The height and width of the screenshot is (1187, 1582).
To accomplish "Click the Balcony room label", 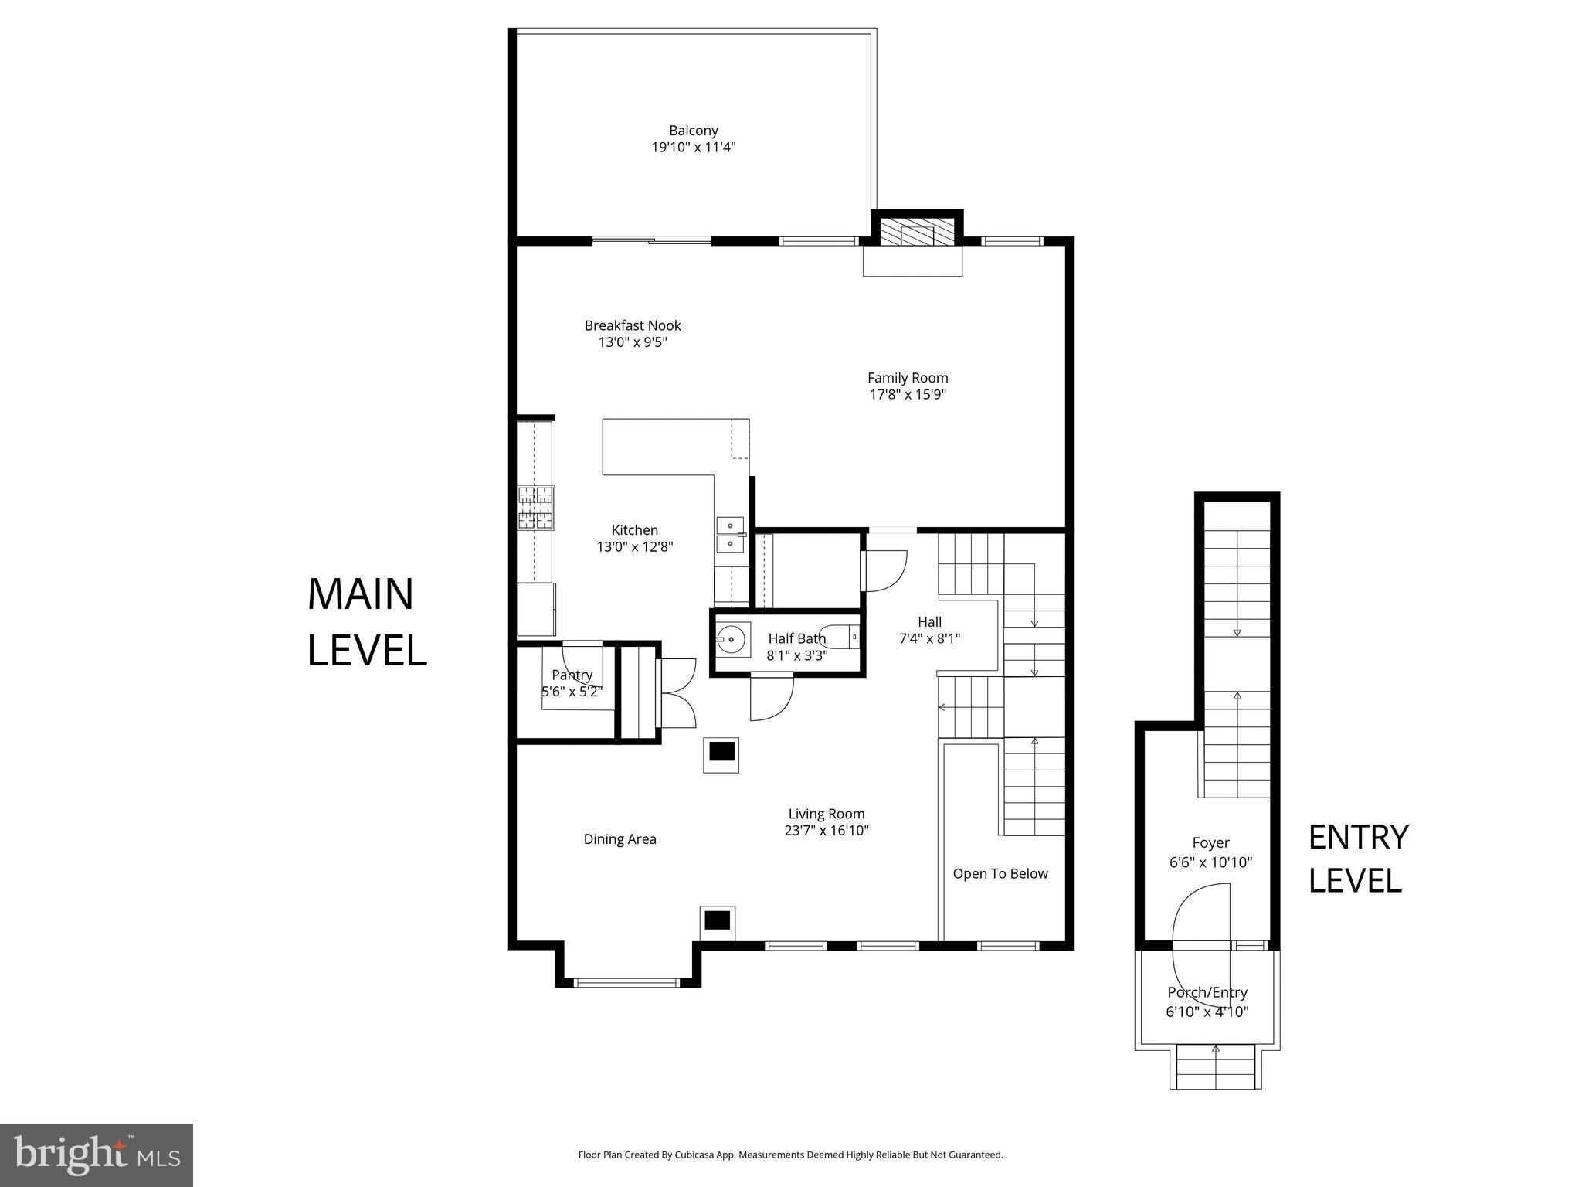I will pos(693,131).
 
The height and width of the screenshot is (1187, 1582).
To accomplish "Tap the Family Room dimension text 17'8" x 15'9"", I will pos(908,395).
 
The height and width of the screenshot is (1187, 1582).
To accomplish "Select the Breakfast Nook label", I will pos(632,325).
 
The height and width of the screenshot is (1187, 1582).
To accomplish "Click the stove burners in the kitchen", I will pos(535,507).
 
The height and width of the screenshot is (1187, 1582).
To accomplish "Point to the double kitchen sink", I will pos(730,536).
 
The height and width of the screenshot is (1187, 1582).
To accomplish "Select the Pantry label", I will pos(572,675).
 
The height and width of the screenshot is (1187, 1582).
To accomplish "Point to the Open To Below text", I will pos(1000,873).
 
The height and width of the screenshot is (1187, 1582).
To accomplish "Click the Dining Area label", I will pos(620,839).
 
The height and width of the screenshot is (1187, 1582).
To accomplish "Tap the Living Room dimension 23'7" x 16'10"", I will pos(827,831).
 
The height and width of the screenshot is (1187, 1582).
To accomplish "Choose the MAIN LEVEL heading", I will pos(366,621).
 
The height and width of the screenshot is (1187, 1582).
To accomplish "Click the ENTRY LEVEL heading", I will pos(1358,859).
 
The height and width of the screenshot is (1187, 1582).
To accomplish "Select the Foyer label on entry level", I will pos(1210,843).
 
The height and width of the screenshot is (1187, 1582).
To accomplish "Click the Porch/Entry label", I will pos(1207,992).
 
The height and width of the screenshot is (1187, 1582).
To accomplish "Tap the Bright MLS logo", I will pos(97,1155).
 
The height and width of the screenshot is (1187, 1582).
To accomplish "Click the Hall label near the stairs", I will pos(929,621).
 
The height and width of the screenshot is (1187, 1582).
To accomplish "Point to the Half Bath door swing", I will pos(772,699).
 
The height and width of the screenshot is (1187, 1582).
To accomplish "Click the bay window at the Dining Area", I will pos(626,983).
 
